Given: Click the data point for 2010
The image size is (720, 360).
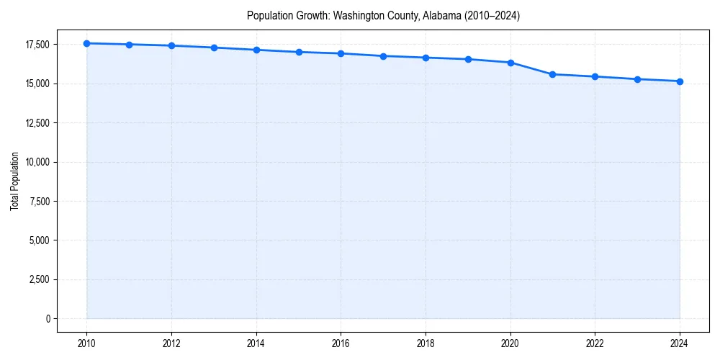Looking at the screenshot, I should pyautogui.click(x=86, y=43).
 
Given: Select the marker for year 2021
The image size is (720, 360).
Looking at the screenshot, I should pyautogui.click(x=552, y=74).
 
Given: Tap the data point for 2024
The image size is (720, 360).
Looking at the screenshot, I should pyautogui.click(x=680, y=81).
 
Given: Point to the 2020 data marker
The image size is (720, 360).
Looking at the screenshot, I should pyautogui.click(x=510, y=63).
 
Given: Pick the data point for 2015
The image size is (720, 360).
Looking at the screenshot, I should pyautogui.click(x=299, y=52).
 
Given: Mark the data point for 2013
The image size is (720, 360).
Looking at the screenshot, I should pyautogui.click(x=214, y=48).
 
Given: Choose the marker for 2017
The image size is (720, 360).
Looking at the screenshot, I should pyautogui.click(x=383, y=56).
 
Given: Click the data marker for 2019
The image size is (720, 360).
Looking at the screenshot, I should pyautogui.click(x=468, y=59).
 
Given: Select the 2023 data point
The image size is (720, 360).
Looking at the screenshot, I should pyautogui.click(x=637, y=79).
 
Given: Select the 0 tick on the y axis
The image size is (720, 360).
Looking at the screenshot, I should pyautogui.click(x=47, y=318).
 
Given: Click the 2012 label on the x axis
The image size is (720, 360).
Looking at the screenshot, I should pyautogui.click(x=171, y=343).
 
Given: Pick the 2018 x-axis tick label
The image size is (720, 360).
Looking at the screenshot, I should pyautogui.click(x=426, y=343).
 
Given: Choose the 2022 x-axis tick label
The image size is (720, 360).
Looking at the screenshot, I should pyautogui.click(x=595, y=343).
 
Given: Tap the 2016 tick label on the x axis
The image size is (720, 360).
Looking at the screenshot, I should pyautogui.click(x=341, y=343).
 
